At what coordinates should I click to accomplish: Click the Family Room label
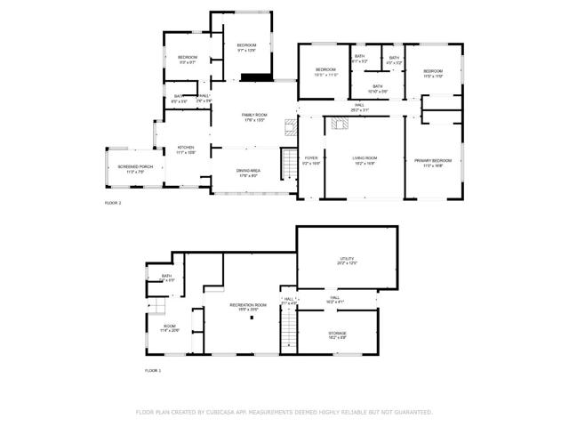coord(253,117)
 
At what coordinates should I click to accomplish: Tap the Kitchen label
coord(186,149)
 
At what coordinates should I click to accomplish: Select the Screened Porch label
coord(135,168)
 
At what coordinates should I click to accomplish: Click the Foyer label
coord(311,161)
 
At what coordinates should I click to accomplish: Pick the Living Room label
coord(365,161)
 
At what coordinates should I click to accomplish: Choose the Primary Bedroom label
coord(433,161)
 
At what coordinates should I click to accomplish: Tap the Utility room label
coord(347,261)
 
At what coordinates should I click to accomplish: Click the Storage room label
coord(338,334)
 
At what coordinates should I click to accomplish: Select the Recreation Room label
coord(248,307)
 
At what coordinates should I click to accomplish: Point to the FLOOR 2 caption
coord(113,204)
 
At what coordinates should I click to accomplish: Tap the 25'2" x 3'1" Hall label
coord(360,108)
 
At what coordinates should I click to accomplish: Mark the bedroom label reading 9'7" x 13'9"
coord(246,47)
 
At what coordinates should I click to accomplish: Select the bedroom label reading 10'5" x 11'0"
coord(326,71)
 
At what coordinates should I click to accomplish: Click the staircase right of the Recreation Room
coord(286,334)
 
